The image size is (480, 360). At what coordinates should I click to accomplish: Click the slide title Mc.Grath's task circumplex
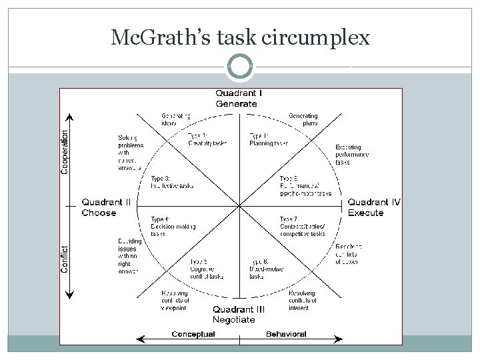240,38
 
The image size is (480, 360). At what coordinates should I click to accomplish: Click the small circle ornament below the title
240,67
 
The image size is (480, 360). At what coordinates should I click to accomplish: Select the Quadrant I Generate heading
238,98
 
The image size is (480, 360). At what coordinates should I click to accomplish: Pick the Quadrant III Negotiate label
239,314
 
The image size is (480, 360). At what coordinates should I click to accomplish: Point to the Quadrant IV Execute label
374,207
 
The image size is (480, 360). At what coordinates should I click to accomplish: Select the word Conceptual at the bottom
193,334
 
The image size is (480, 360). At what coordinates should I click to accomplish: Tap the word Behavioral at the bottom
286,334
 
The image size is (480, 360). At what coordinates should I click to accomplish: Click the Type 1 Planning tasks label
268,139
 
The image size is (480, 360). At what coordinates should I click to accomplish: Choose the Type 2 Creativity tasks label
207,139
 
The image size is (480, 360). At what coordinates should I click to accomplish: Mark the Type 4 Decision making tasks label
172,226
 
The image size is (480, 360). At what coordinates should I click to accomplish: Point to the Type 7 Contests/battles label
302,226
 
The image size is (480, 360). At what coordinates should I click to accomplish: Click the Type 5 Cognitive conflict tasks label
206,269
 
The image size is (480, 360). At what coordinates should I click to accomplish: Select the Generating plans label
303,119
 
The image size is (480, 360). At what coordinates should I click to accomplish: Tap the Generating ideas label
176,119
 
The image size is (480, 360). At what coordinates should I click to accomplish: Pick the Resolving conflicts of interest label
303,301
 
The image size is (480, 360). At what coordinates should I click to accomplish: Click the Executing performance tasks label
351,155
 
